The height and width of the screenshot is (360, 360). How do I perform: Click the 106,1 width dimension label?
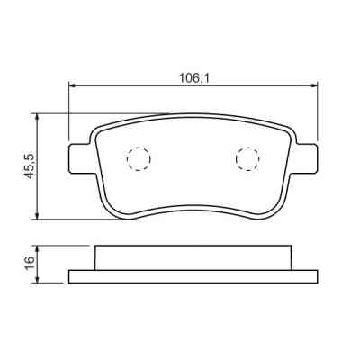(x=194, y=79)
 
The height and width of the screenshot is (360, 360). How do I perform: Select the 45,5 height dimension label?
(x=30, y=166)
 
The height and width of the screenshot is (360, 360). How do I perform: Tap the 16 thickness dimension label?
(x=30, y=264)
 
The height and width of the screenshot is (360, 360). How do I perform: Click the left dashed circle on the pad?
(x=139, y=158)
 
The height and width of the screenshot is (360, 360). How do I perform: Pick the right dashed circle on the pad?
(x=247, y=158)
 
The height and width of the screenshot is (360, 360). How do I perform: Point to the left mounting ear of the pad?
(x=80, y=158)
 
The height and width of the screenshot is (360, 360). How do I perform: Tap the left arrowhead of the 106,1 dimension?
(x=72, y=86)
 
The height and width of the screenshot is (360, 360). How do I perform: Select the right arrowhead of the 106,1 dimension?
(x=314, y=86)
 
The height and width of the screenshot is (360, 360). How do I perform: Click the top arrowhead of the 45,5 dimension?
(x=37, y=117)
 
